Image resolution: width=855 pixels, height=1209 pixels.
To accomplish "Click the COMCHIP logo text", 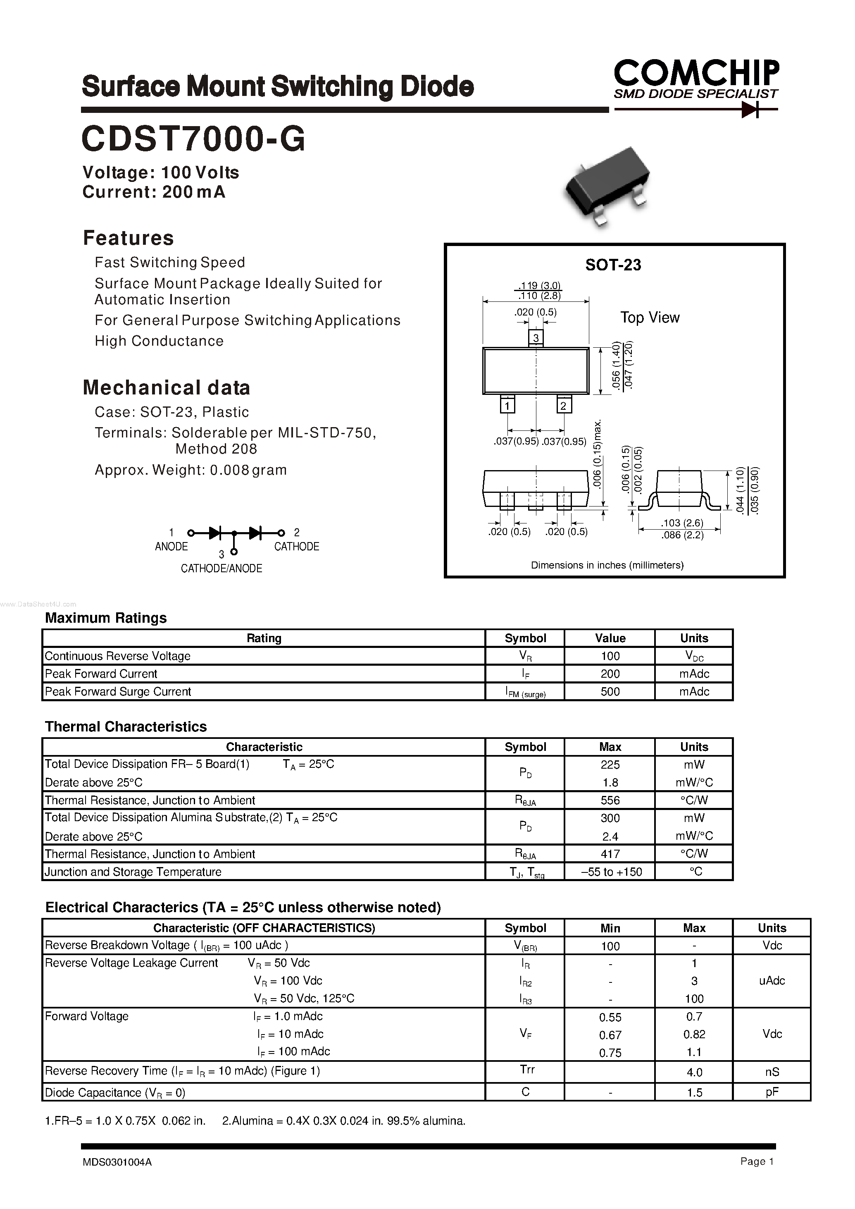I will [695, 73].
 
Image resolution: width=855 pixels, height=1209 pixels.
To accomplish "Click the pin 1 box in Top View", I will [507, 406].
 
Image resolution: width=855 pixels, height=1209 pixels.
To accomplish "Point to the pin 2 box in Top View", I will [563, 406].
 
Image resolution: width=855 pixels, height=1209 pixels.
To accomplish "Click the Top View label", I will [649, 318].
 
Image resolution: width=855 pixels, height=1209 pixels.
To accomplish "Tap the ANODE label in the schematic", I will [171, 546].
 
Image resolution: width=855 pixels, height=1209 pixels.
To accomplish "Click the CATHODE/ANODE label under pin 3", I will [221, 569].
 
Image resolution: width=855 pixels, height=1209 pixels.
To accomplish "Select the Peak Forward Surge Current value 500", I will [610, 692].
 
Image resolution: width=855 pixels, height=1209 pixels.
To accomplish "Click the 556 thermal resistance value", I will [610, 800].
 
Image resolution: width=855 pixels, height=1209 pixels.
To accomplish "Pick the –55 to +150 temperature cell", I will [611, 872].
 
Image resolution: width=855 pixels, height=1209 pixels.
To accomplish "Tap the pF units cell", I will [772, 1092].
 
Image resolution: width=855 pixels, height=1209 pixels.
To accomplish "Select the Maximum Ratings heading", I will [106, 618].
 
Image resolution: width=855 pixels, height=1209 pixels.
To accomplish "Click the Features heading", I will [128, 238].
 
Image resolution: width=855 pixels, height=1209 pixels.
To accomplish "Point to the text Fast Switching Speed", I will [169, 262].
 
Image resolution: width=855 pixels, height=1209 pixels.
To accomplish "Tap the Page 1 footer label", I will [757, 1176].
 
